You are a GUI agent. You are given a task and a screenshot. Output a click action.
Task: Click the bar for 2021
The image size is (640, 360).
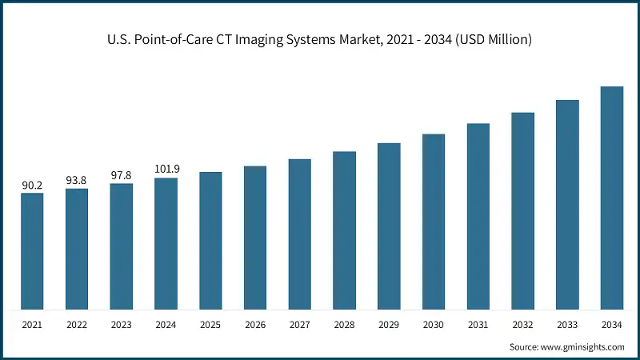tap(32, 251)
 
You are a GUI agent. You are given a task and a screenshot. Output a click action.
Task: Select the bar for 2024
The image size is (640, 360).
tap(166, 243)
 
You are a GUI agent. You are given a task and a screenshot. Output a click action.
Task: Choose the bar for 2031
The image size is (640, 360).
tap(478, 216)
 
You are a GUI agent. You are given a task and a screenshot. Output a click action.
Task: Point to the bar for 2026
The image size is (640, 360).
tap(255, 238)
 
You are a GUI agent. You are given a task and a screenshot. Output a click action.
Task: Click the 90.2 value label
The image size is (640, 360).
tap(32, 186)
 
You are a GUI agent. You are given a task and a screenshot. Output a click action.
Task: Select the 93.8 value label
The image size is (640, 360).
tap(77, 181)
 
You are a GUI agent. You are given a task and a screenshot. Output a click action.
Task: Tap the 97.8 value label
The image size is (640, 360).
tap(122, 176)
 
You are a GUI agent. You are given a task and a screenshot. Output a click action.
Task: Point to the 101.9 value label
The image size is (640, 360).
tap(166, 170)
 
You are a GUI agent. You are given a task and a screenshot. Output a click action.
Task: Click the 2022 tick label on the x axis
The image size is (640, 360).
tap(77, 325)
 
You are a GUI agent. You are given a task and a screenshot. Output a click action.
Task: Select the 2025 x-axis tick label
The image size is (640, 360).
tap(210, 325)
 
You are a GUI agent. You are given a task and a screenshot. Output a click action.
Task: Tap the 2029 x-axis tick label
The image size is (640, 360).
tap(389, 325)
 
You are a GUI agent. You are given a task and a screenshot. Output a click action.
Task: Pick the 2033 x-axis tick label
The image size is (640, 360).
tap(567, 325)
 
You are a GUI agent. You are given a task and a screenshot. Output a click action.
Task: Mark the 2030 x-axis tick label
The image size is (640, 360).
tap(434, 325)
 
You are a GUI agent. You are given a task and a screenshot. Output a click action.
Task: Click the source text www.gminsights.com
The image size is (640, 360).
tap(585, 346)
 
